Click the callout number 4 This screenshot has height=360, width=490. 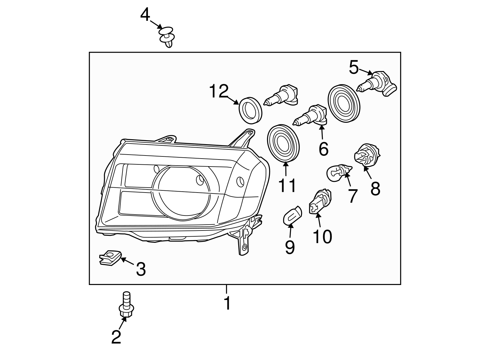click(145, 15)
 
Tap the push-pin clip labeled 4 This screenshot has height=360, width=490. click(167, 36)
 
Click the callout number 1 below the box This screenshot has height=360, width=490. click(227, 303)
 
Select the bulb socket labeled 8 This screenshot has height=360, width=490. click(366, 156)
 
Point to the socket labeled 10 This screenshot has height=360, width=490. click(321, 202)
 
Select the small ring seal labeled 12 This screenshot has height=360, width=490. click(251, 109)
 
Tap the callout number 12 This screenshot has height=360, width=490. click(219, 91)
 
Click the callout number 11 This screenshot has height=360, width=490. click(287, 186)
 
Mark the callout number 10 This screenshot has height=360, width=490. click(322, 236)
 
